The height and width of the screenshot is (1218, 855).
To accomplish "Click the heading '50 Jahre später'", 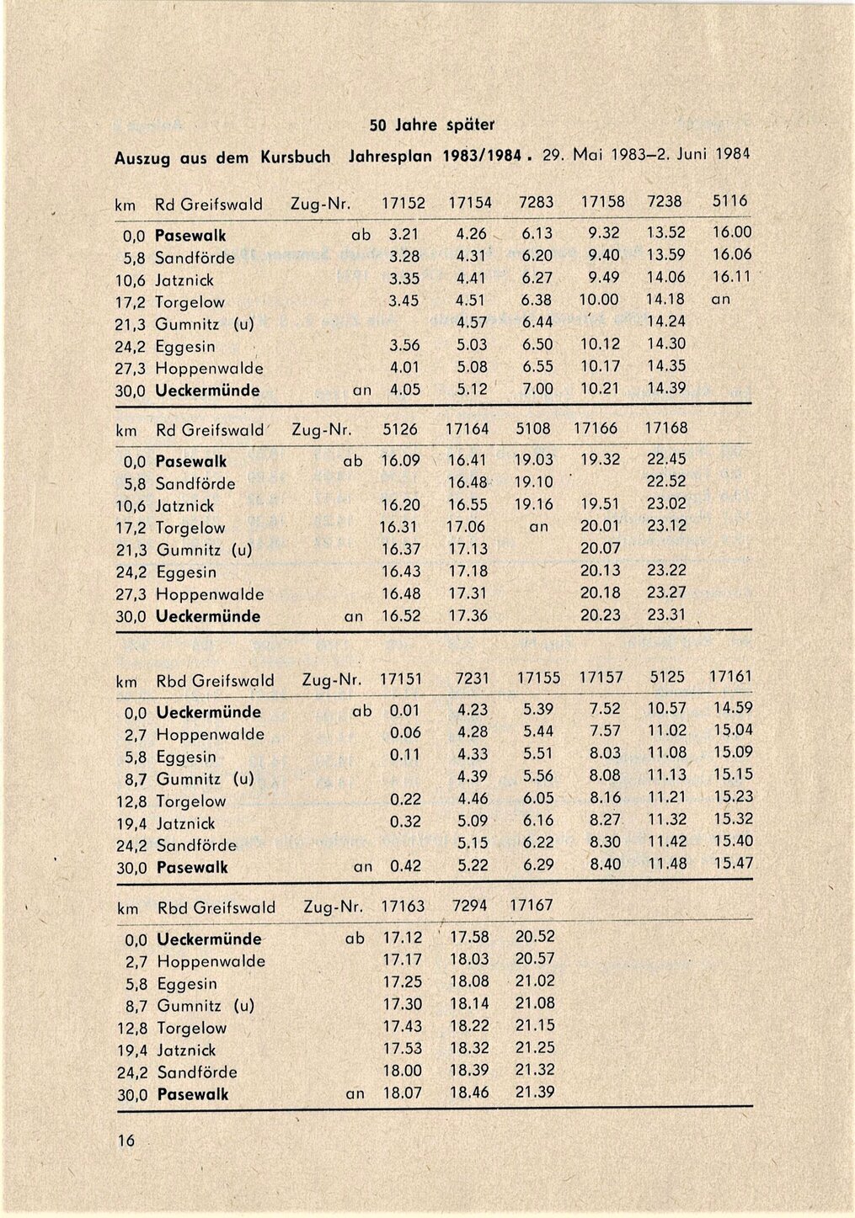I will pyautogui.click(x=432, y=125).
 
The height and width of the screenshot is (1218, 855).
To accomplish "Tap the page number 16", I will pyautogui.click(x=126, y=1141).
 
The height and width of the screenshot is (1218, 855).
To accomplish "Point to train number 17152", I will pyautogui.click(x=403, y=203).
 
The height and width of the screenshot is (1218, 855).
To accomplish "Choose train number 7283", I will pyautogui.click(x=536, y=203).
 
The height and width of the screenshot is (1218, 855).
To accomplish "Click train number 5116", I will pyautogui.click(x=729, y=202).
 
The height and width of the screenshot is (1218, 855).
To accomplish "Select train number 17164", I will pyautogui.click(x=468, y=428).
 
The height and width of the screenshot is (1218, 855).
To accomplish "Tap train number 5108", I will pyautogui.click(x=533, y=428).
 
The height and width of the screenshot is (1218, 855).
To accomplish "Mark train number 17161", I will pyautogui.click(x=730, y=676).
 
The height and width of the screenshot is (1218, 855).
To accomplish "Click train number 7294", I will pyautogui.click(x=469, y=906).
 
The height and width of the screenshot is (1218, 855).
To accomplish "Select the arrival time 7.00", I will pyautogui.click(x=537, y=389).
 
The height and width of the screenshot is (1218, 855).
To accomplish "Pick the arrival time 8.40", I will pyautogui.click(x=605, y=864).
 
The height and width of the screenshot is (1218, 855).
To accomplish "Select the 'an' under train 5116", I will pyautogui.click(x=721, y=299).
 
